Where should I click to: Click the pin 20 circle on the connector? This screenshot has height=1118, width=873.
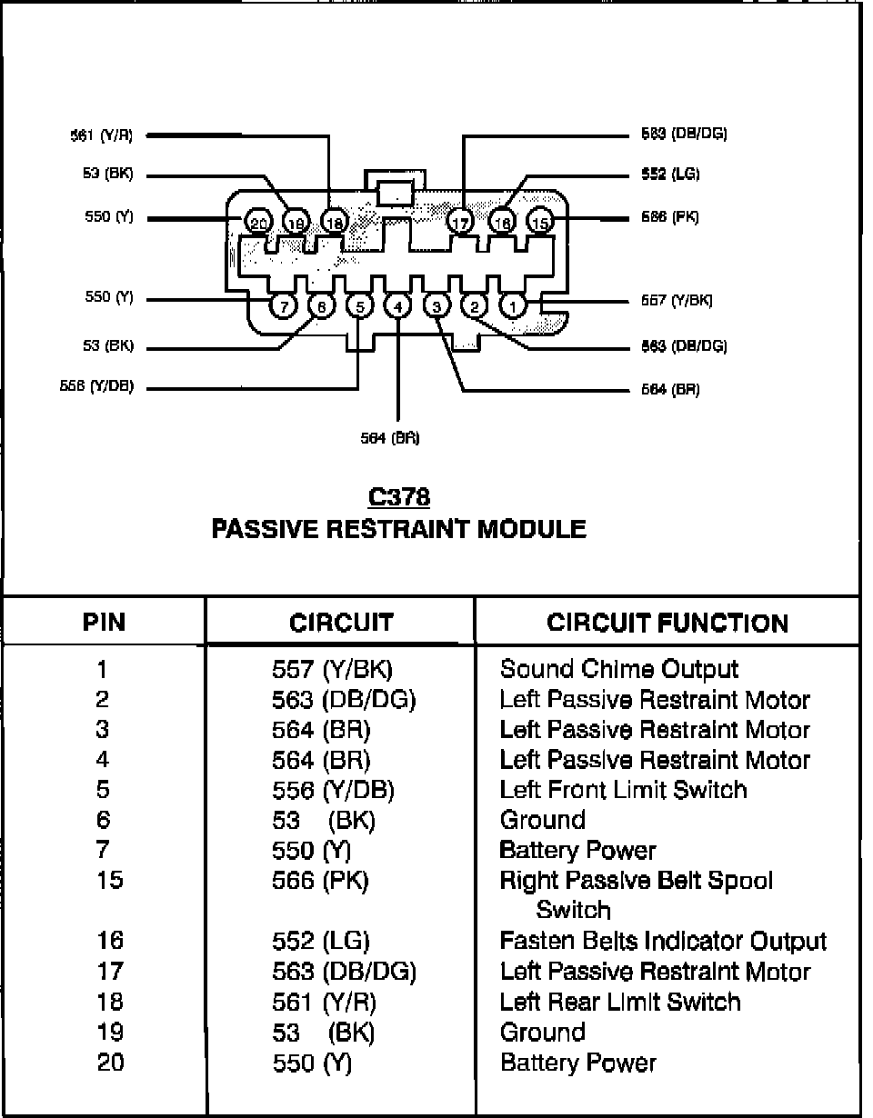[x=258, y=222]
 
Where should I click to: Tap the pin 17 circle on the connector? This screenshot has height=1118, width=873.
[x=460, y=222]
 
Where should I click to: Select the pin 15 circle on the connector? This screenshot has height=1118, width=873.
[x=540, y=222]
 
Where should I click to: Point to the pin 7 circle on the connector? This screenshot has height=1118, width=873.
[x=284, y=306]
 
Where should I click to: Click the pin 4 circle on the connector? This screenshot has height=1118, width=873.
[x=398, y=306]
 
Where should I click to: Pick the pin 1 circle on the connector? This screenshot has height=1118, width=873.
[x=514, y=306]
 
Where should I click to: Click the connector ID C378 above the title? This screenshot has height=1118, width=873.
[x=398, y=496]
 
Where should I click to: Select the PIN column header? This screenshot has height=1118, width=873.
[x=104, y=623]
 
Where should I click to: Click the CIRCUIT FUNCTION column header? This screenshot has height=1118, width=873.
[x=667, y=623]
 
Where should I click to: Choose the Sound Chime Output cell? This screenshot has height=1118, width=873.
[x=619, y=670]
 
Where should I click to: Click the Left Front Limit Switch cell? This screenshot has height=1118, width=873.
[x=623, y=789]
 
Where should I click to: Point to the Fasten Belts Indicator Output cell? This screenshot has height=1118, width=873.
[x=663, y=941]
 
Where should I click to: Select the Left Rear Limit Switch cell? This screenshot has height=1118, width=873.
[x=620, y=1002]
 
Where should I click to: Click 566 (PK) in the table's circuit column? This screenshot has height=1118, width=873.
[x=320, y=880]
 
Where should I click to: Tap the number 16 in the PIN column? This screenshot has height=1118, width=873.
[x=109, y=941]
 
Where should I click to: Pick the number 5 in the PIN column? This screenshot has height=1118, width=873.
[x=103, y=789]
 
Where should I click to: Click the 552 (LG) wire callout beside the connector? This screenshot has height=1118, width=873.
[x=670, y=175]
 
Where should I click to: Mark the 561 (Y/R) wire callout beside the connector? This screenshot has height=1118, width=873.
[x=102, y=135]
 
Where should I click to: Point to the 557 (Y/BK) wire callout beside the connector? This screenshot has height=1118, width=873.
[x=677, y=301]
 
